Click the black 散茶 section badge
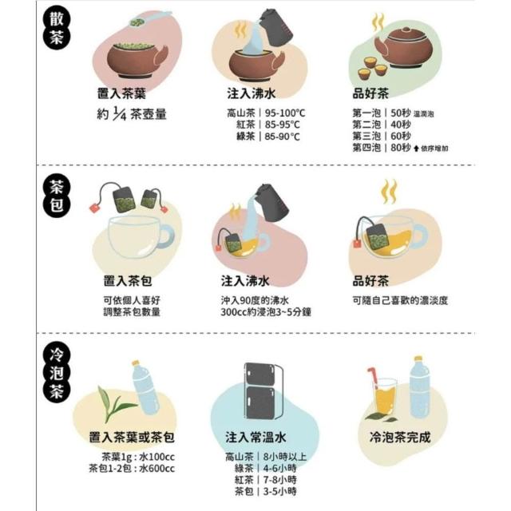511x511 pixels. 56,29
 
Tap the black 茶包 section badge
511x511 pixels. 57,196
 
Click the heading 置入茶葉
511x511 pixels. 121,93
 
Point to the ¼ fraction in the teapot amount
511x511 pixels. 119,113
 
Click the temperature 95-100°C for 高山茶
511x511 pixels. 285,113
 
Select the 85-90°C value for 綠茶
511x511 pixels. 282,137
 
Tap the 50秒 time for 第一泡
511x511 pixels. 401,113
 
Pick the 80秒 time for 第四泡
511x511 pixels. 401,148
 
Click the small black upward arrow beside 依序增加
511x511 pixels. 416,149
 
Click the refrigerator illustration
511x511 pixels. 263,390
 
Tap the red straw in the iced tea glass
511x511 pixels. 373,378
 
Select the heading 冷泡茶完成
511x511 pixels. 400,437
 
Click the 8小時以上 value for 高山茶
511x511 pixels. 285,457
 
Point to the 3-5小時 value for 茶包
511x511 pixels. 279,491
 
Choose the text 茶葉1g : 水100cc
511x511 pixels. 138,457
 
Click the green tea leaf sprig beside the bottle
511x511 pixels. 115,404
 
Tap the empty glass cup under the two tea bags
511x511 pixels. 141,236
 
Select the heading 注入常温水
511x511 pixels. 255,437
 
